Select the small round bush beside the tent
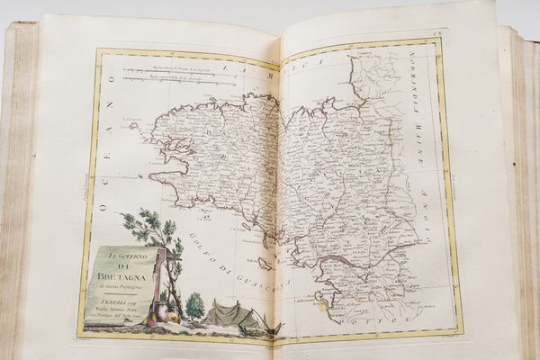[194, 305]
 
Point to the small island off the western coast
[134, 126]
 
